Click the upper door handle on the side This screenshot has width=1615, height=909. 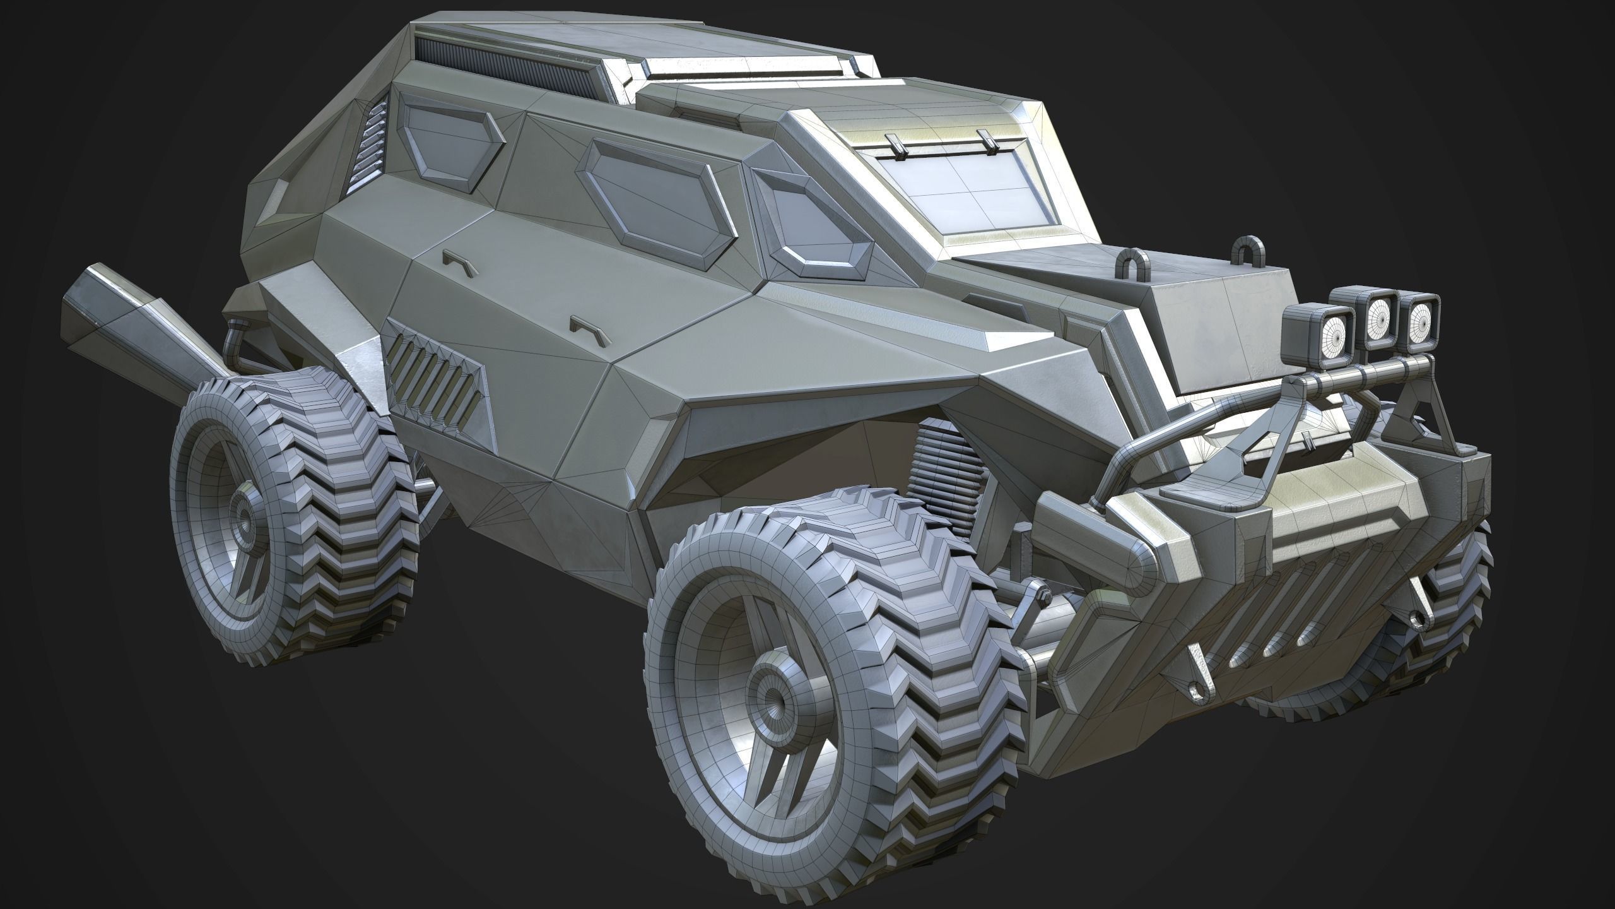tap(459, 260)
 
